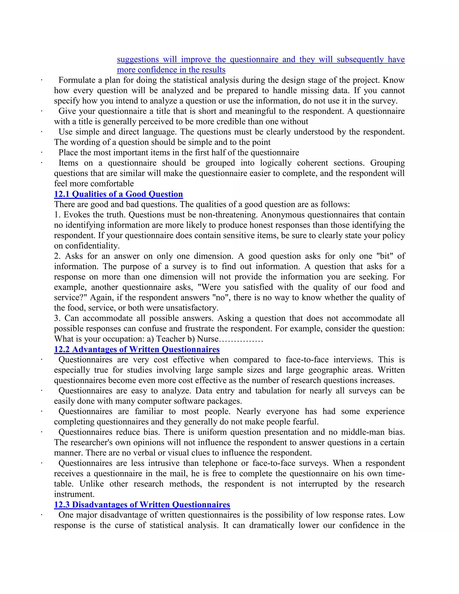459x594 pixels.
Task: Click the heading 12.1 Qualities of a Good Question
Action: [x=118, y=194]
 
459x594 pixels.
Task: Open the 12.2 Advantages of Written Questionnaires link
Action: [x=137, y=349]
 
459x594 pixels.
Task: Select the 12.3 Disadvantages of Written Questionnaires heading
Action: [x=142, y=505]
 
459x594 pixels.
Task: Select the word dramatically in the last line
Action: [x=271, y=525]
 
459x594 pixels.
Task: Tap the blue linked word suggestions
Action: [x=138, y=60]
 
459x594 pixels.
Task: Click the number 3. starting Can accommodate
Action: [x=57, y=319]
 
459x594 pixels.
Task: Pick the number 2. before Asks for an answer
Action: [x=57, y=256]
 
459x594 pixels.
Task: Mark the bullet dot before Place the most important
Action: [x=42, y=152]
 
